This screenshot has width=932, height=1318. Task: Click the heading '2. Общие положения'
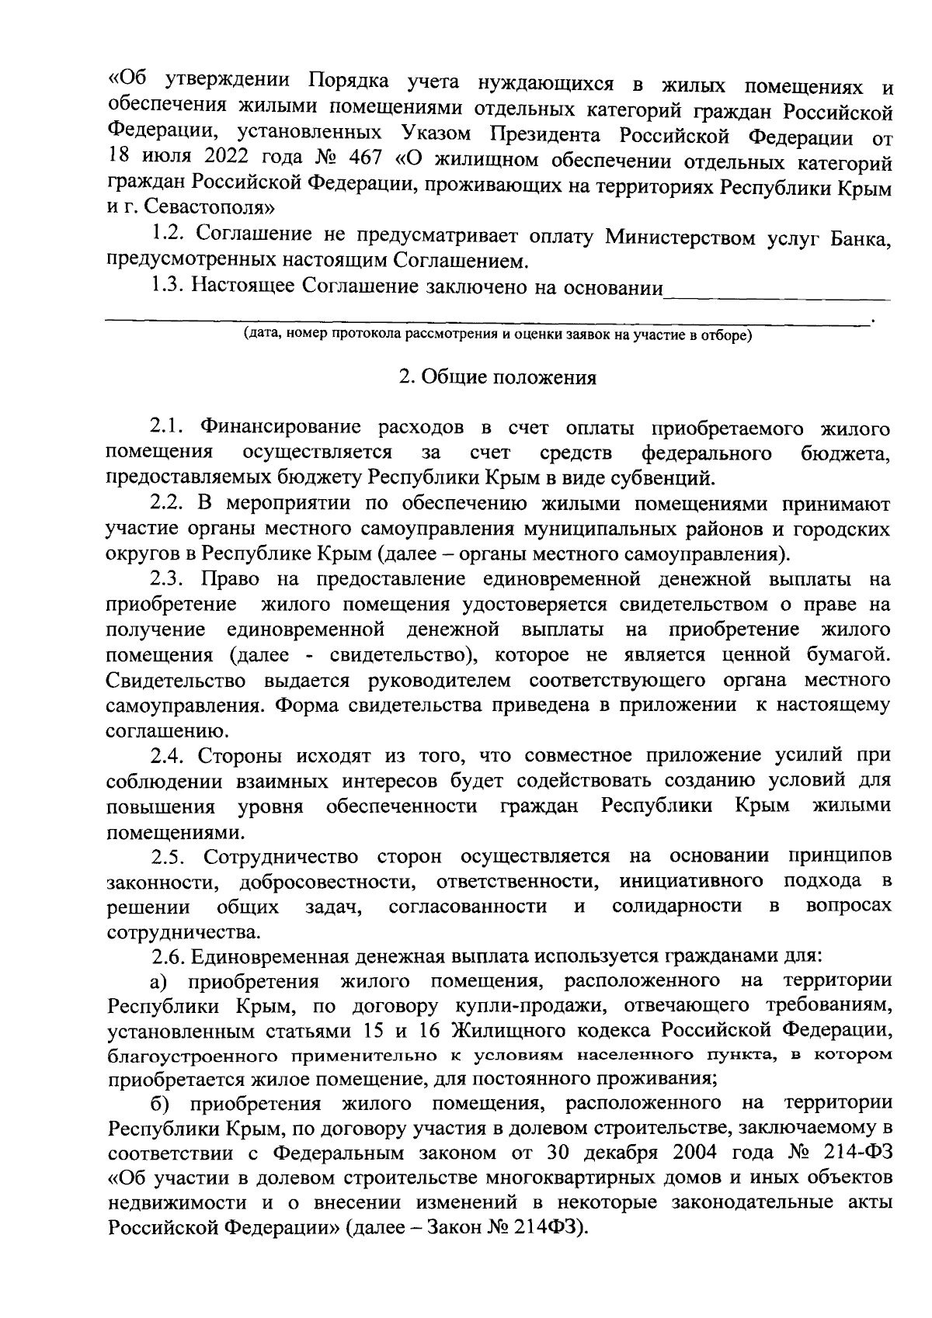tap(497, 378)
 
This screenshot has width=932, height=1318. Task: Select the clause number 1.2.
tap(169, 233)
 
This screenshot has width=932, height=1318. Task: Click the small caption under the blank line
tap(497, 335)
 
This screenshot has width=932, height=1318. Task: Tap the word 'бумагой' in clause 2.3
tap(845, 654)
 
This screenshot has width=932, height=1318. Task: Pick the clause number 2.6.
tap(169, 955)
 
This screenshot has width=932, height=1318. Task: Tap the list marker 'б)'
tap(160, 1102)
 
